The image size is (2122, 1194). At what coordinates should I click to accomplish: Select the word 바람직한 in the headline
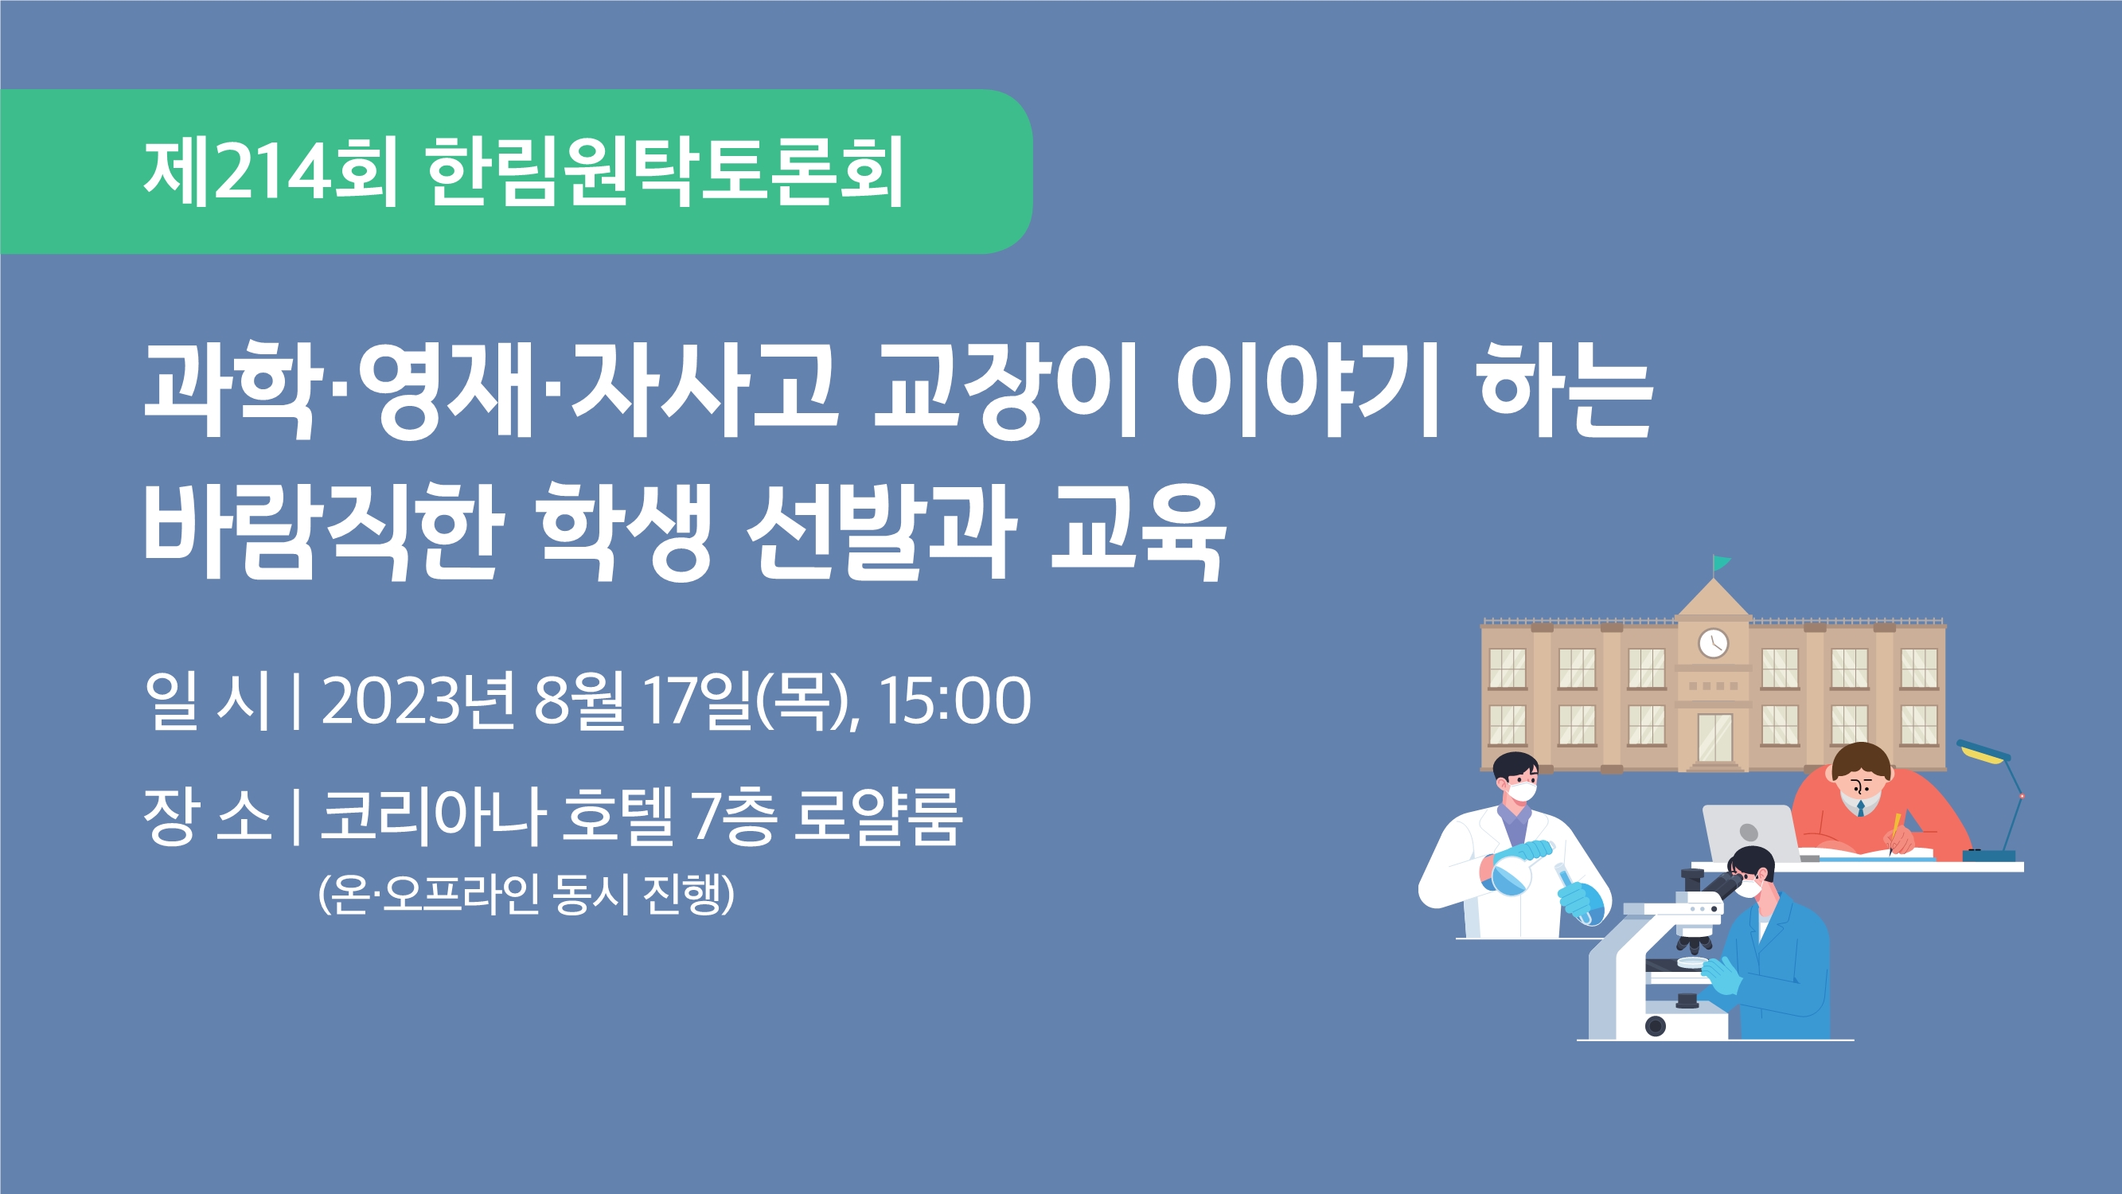click(324, 532)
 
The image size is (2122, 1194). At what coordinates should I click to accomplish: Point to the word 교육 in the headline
click(1139, 532)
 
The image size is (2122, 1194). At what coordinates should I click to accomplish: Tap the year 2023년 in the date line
click(418, 700)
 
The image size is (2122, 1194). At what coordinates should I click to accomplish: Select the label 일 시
click(207, 700)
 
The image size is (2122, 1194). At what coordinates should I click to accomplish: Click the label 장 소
click(207, 816)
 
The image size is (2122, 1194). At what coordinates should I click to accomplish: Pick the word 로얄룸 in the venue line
click(877, 816)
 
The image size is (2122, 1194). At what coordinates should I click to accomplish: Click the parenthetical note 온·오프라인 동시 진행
click(525, 894)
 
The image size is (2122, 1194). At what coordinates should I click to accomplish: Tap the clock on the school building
click(1714, 642)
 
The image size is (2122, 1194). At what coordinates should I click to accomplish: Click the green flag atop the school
click(1722, 564)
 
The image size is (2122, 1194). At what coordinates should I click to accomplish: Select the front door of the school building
click(1715, 739)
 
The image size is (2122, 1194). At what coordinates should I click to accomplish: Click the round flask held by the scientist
click(1512, 873)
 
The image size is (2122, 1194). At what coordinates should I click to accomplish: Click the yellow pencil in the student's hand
click(1894, 833)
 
